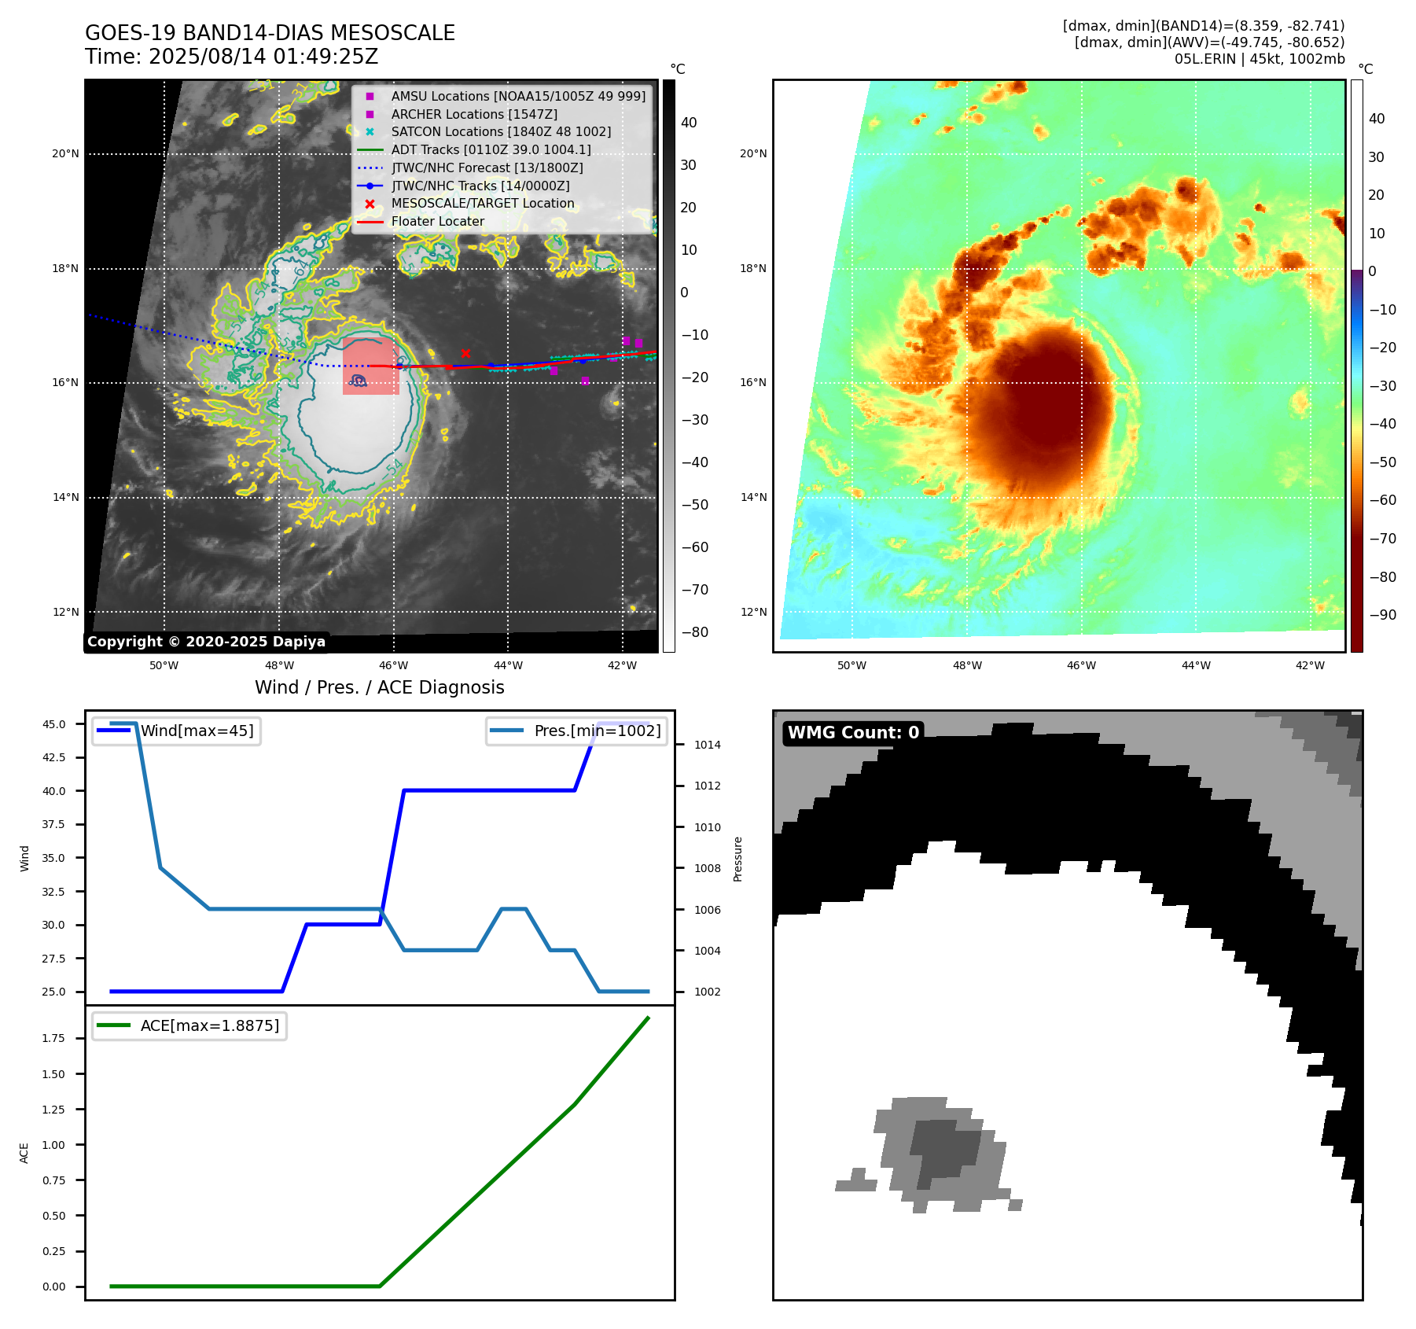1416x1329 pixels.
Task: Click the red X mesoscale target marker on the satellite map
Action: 465,353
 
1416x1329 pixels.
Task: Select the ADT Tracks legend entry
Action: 491,149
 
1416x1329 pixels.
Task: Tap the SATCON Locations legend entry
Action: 501,131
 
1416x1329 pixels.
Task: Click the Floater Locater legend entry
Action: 437,221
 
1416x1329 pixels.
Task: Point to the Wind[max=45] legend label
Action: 197,731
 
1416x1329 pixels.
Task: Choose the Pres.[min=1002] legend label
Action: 598,731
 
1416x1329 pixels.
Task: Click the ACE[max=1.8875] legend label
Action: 209,1025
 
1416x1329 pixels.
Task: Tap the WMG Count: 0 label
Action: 853,733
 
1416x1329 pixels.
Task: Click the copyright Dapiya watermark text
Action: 206,642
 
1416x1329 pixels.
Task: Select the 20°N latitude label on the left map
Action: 65,153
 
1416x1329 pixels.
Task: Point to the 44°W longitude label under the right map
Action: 1196,665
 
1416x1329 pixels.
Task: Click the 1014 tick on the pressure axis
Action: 707,745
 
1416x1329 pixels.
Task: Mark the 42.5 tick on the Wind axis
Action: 53,757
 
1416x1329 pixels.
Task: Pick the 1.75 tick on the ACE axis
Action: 53,1038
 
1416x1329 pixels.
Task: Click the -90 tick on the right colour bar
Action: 1382,615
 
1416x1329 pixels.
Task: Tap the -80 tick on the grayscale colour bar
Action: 694,632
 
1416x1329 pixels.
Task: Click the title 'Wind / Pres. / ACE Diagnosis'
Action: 379,687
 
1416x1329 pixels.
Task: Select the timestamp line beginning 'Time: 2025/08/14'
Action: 231,57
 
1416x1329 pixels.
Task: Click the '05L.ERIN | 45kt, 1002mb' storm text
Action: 1259,59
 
